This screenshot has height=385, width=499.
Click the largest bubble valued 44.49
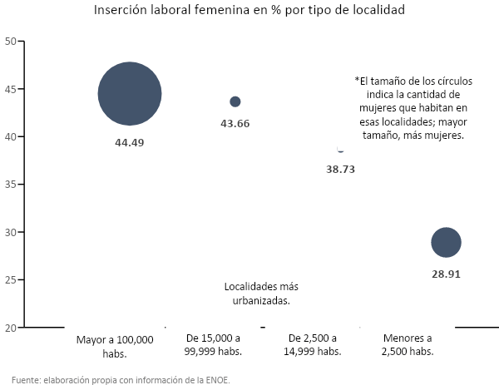pyautogui.click(x=129, y=94)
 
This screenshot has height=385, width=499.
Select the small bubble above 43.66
pyautogui.click(x=235, y=101)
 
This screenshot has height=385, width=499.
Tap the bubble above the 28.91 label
pyautogui.click(x=446, y=243)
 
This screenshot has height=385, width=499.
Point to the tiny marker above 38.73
pyautogui.click(x=340, y=151)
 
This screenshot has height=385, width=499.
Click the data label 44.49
pyautogui.click(x=129, y=142)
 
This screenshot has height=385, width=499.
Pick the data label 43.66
pyautogui.click(x=235, y=123)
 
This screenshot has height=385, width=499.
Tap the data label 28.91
pyautogui.click(x=446, y=273)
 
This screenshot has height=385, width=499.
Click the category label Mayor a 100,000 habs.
pyautogui.click(x=115, y=346)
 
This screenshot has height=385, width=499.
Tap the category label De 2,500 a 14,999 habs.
pyautogui.click(x=313, y=345)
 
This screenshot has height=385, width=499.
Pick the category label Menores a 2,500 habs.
pyautogui.click(x=408, y=345)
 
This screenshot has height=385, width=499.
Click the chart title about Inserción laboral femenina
pyautogui.click(x=249, y=12)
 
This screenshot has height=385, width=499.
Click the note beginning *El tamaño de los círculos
pyautogui.click(x=413, y=108)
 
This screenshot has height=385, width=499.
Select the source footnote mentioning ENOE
pyautogui.click(x=121, y=379)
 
